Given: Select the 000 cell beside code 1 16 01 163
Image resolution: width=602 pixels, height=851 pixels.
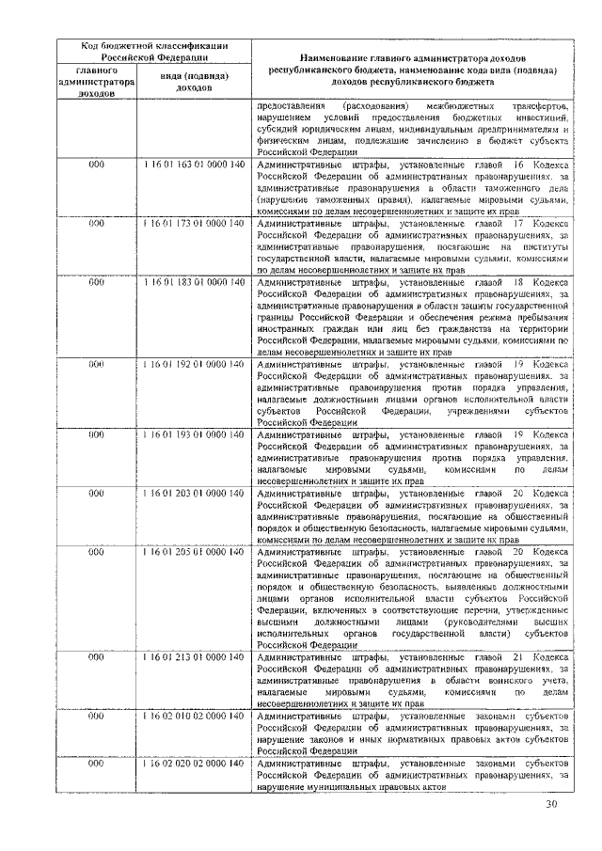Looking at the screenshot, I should [x=96, y=164].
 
